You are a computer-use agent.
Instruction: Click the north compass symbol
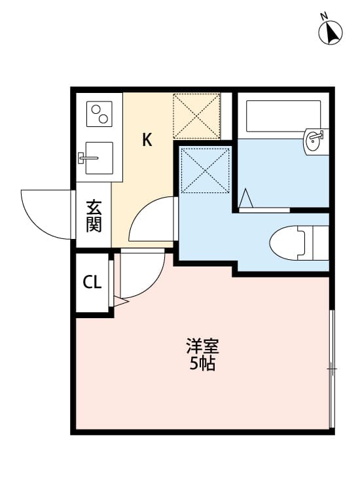[331, 32]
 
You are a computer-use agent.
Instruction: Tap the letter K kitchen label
[147, 139]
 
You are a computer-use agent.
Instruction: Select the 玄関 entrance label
[94, 217]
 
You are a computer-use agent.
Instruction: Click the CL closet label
[92, 283]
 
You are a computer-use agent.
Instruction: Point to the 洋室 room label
[202, 346]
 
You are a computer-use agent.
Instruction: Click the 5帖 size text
[202, 365]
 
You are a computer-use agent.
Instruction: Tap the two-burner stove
[99, 114]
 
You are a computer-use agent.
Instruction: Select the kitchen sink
[96, 158]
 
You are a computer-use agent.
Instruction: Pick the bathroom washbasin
[315, 139]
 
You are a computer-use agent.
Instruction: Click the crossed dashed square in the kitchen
[196, 115]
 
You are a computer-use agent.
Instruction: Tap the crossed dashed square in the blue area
[205, 170]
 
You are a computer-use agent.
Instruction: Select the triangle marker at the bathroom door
[245, 198]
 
